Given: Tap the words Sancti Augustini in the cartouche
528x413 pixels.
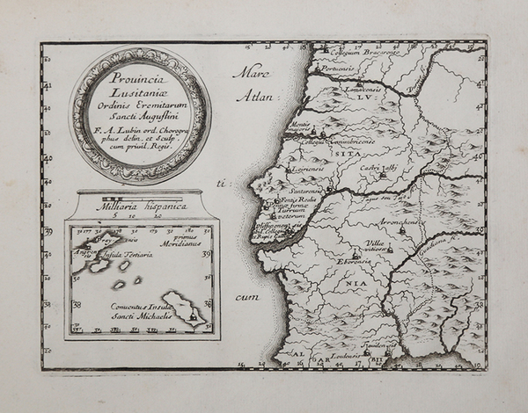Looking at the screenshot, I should (x=138, y=112).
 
